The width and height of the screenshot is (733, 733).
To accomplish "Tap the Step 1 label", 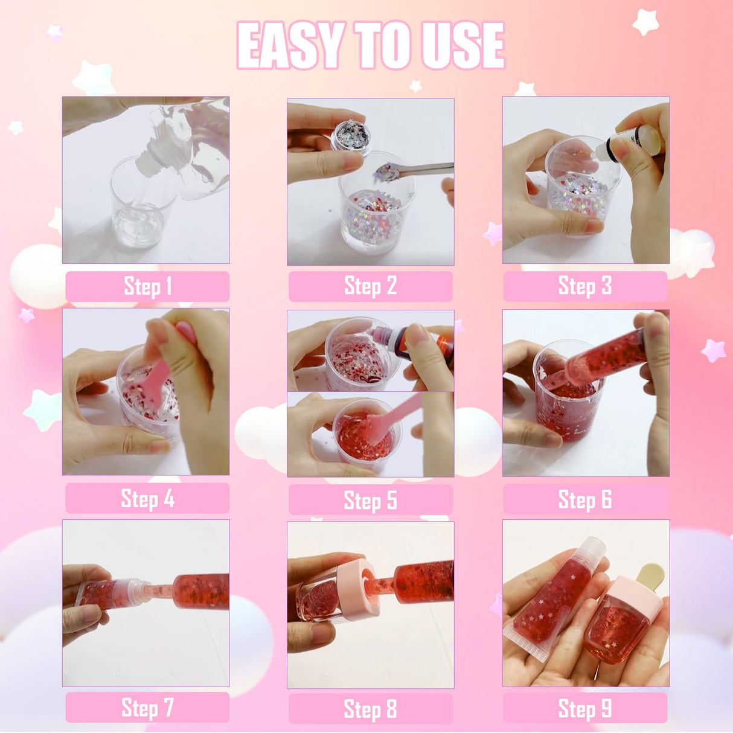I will (x=147, y=286).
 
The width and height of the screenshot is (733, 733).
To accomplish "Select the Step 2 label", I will (x=370, y=286).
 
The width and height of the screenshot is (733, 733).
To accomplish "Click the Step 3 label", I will (x=584, y=286).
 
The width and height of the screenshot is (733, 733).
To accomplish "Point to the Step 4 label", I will (x=147, y=499).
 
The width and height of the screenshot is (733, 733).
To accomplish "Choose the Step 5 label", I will (x=370, y=501).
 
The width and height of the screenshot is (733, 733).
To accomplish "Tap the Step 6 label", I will (x=584, y=500).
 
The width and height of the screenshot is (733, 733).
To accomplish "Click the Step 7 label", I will (x=147, y=708).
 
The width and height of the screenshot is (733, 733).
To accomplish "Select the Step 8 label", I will (x=370, y=709).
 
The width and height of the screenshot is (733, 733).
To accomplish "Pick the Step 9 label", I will (x=584, y=708).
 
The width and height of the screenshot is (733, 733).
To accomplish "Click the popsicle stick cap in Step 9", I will (x=648, y=577).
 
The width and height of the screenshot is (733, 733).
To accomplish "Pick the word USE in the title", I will (x=463, y=46).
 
